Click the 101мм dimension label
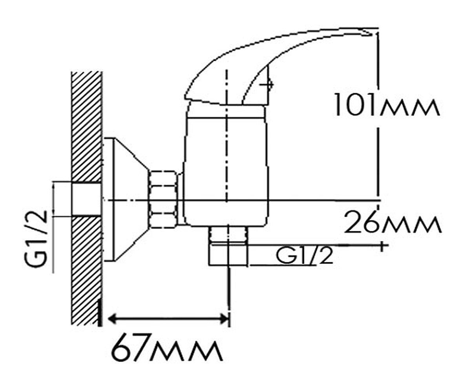[386, 105]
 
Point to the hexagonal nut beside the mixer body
[164, 198]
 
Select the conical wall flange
[126, 200]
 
